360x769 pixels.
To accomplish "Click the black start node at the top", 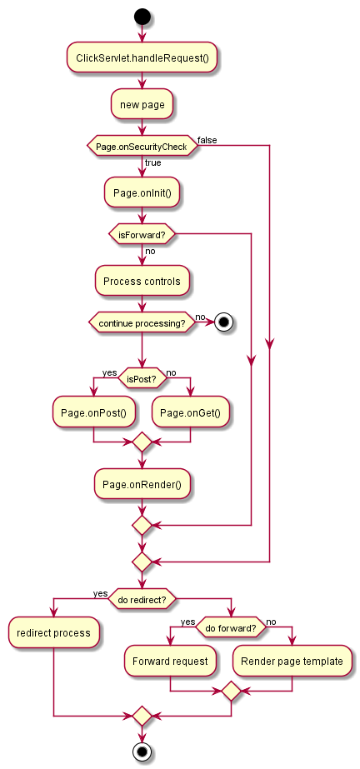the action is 142,17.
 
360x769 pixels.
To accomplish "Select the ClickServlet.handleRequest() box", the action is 142,57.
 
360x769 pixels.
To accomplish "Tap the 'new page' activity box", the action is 142,104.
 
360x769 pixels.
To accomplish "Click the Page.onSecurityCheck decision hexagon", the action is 142,146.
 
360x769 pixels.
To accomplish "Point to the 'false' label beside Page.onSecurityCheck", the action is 207,141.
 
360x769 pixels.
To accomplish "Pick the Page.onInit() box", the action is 142,192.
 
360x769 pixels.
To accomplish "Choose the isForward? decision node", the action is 142,234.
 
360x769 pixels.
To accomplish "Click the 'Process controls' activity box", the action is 142,281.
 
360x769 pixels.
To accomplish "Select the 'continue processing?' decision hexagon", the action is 142,322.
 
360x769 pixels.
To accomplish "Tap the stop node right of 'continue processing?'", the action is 223,322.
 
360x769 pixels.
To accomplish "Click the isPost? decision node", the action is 142,378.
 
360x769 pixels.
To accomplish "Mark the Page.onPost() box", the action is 93,412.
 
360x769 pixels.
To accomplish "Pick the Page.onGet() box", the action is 190,412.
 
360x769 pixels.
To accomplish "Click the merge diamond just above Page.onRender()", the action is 142,442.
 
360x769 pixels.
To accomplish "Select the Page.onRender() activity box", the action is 142,484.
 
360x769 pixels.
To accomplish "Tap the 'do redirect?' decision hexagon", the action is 142,598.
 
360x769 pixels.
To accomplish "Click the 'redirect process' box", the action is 53,632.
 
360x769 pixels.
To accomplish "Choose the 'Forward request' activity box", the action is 170,661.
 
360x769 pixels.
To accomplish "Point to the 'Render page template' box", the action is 292,661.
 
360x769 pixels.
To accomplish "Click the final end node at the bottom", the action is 142,752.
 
